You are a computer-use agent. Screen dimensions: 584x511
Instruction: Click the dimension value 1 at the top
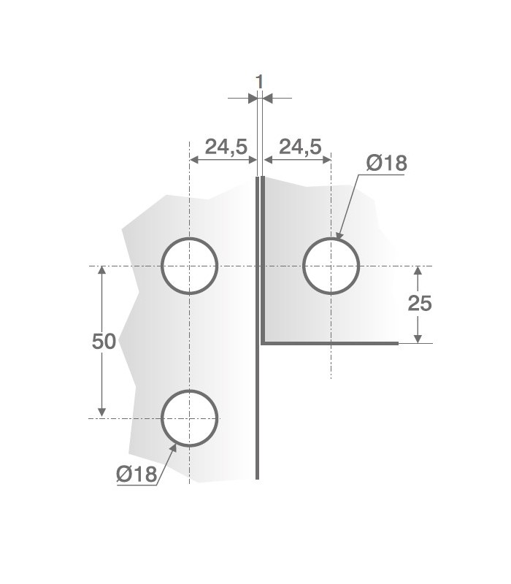259,81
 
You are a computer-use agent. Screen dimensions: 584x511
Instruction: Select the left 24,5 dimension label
226,147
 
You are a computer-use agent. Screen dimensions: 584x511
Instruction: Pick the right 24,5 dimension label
300,147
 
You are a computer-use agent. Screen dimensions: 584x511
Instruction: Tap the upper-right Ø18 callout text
386,163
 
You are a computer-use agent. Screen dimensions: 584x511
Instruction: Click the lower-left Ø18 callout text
137,474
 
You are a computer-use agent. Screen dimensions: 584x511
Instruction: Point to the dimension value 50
104,341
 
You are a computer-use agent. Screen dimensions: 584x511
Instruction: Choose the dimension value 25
420,303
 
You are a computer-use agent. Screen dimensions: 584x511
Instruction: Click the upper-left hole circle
190,266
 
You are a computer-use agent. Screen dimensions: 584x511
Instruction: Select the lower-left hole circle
190,418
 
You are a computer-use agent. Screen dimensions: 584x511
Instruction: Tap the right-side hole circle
331,266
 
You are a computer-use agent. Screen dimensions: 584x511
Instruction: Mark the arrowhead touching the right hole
340,235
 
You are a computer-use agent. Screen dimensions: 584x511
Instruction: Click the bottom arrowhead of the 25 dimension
418,337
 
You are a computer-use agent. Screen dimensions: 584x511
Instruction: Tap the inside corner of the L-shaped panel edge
262,342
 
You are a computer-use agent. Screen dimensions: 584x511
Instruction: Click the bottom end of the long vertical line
257,478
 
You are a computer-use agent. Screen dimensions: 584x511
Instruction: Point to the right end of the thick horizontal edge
397,342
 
